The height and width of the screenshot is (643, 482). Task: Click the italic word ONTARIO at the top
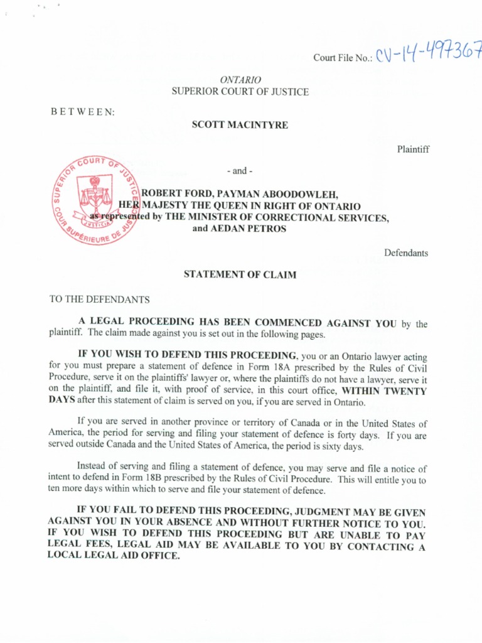click(240, 80)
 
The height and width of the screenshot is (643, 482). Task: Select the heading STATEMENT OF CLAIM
click(239, 274)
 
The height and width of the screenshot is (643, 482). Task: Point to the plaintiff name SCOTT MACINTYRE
click(240, 125)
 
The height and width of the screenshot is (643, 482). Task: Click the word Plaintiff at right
click(413, 149)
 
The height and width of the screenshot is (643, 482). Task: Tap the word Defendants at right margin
click(406, 253)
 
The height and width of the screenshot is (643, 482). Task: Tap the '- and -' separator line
click(239, 171)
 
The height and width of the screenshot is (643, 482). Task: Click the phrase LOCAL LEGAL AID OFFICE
click(114, 556)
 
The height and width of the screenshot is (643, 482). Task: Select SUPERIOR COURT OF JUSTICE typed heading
click(240, 92)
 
